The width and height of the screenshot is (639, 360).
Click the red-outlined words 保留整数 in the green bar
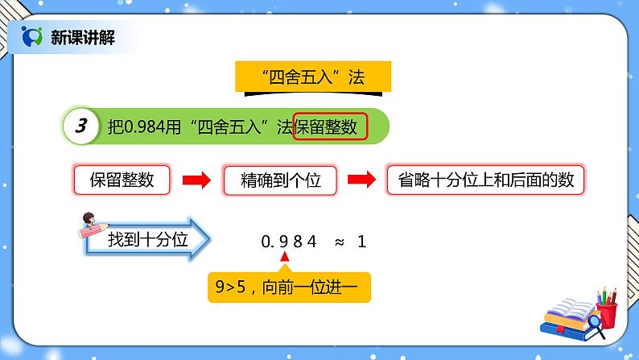point(330,126)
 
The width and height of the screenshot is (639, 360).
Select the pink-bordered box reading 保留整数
point(122,181)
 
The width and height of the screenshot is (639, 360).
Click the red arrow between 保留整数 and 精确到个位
point(196,181)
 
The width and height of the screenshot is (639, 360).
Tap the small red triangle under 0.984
point(283,256)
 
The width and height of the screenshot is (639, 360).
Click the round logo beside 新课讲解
point(32,35)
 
